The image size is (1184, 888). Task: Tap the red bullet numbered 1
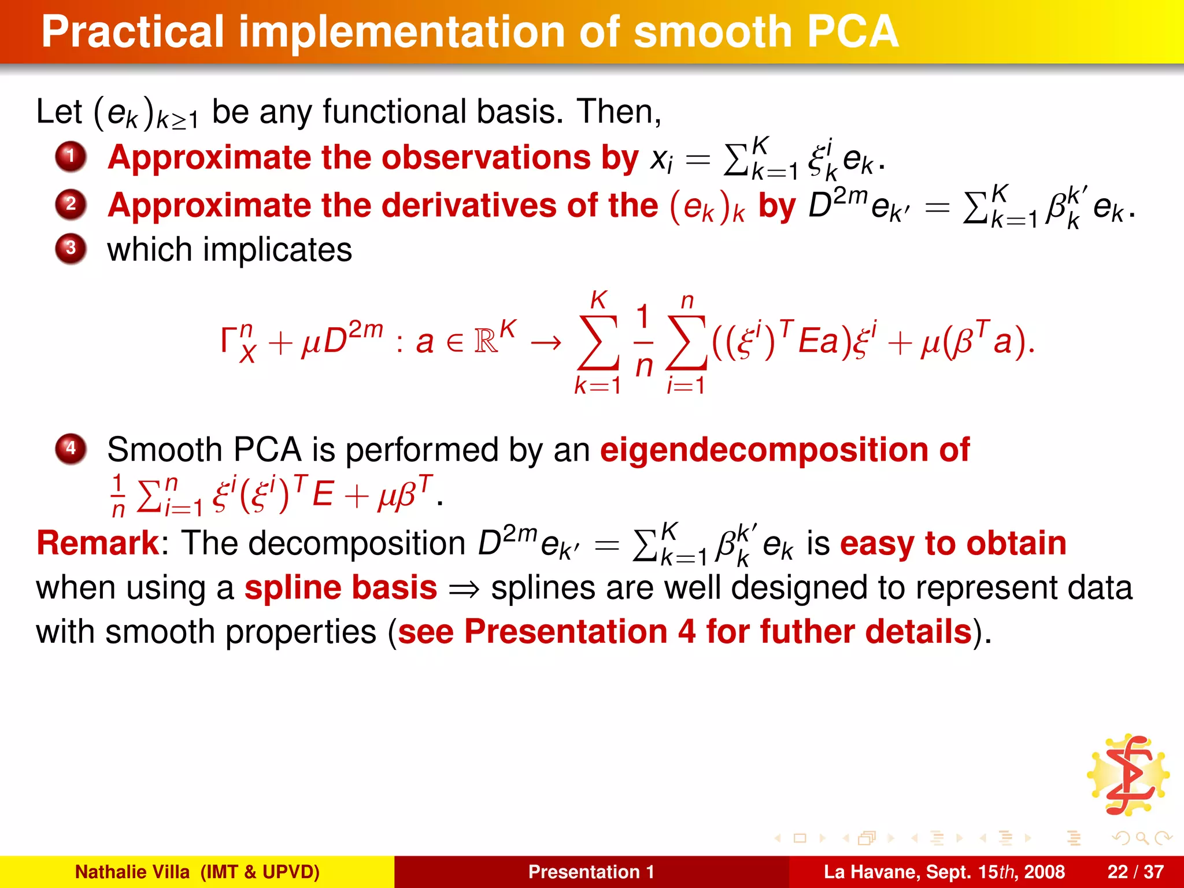(71, 157)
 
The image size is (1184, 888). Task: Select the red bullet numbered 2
(71, 205)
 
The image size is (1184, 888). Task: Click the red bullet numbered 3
(71, 249)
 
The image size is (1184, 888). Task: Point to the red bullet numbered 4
(71, 449)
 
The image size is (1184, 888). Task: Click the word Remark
(97, 543)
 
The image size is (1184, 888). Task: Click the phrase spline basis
(341, 588)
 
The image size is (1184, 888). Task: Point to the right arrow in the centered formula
(546, 342)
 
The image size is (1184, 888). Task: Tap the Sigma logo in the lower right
(1128, 775)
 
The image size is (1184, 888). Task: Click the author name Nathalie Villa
(132, 872)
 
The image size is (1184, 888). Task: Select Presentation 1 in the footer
(591, 872)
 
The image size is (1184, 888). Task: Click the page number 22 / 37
(1135, 872)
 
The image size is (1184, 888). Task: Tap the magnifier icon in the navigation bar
(1142, 838)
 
